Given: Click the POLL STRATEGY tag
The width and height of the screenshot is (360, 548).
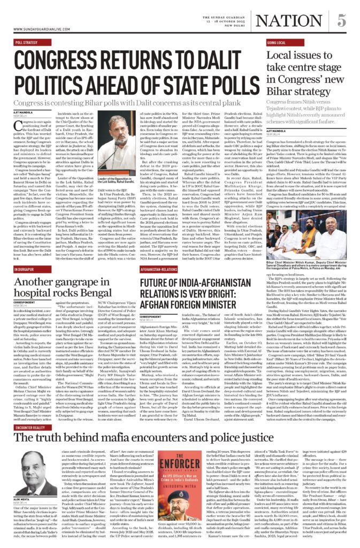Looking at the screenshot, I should pyautogui.click(x=27, y=42).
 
